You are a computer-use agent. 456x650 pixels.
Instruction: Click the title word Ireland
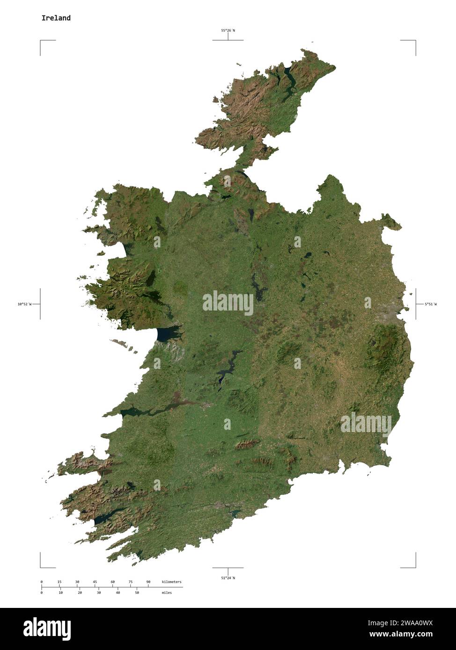tap(56, 18)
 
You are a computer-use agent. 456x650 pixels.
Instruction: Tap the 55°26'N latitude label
tap(228, 30)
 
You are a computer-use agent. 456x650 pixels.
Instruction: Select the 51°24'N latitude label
tap(228, 578)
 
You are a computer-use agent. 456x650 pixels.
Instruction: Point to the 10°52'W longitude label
tap(24, 304)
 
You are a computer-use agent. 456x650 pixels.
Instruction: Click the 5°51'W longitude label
tap(430, 304)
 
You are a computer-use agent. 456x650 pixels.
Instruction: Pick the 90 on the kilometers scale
tap(148, 582)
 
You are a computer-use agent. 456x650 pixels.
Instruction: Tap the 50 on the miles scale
tap(137, 592)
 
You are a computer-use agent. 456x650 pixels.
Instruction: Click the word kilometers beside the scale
tap(171, 582)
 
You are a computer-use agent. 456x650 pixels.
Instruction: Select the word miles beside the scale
tap(166, 592)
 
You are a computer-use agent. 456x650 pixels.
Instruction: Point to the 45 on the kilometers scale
tap(95, 582)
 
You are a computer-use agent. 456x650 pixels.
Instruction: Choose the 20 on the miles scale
tap(80, 592)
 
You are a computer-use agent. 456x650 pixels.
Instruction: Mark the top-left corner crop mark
tap(41, 41)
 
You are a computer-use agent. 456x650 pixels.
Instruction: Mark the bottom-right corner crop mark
tap(415, 567)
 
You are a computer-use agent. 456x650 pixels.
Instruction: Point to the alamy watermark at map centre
tap(228, 303)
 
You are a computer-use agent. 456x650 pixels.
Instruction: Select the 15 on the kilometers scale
tap(59, 582)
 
